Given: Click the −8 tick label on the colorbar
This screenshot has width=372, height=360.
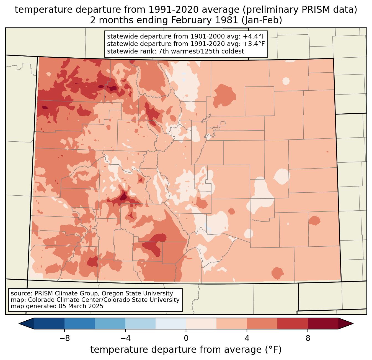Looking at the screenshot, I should [x=64, y=338].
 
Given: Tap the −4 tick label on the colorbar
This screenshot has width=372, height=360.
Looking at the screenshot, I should [x=125, y=338].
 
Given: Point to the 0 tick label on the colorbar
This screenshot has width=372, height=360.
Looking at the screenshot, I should [x=186, y=338].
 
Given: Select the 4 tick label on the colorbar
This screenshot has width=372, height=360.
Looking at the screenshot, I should [x=247, y=338].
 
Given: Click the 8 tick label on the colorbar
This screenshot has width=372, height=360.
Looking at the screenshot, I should [x=308, y=338].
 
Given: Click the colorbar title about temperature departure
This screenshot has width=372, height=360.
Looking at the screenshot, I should [x=186, y=350].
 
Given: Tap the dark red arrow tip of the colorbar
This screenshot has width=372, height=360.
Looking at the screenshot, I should [x=346, y=323].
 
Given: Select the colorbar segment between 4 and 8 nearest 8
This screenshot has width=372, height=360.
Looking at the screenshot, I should [x=293, y=323].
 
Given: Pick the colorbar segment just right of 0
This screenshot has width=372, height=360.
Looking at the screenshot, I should [x=201, y=323].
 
